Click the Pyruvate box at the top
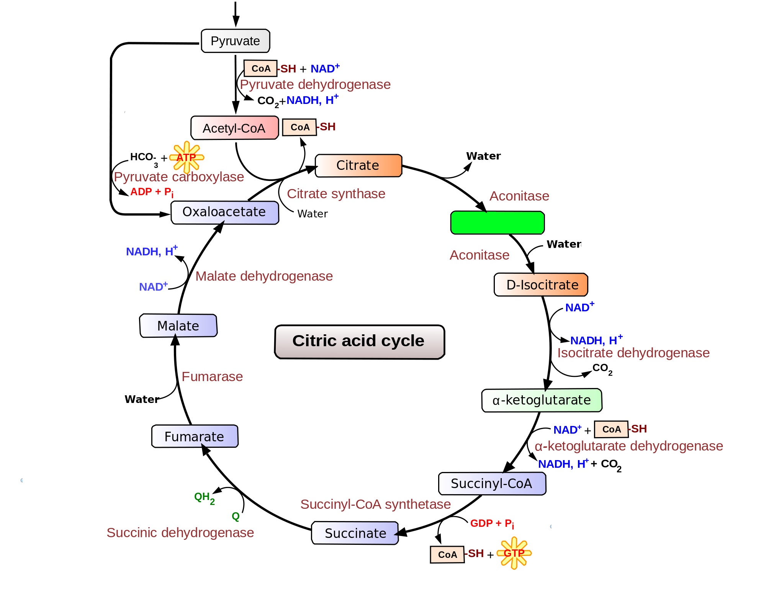(x=236, y=41)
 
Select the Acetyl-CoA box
(x=234, y=128)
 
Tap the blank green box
(x=498, y=222)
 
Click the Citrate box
(x=358, y=165)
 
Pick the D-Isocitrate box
(x=541, y=284)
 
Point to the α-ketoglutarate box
(x=542, y=400)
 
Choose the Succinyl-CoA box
(x=492, y=483)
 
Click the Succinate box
(x=355, y=533)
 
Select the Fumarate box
(x=195, y=436)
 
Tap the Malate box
(x=178, y=326)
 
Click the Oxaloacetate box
(x=224, y=212)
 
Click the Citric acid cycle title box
(x=359, y=341)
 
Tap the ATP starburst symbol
(x=187, y=157)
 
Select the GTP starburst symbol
(x=514, y=553)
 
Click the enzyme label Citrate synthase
(x=336, y=194)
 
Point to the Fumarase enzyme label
(x=212, y=377)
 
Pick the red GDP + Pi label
(x=492, y=523)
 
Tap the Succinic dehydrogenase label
(x=180, y=533)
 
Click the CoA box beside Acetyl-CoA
(x=300, y=127)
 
